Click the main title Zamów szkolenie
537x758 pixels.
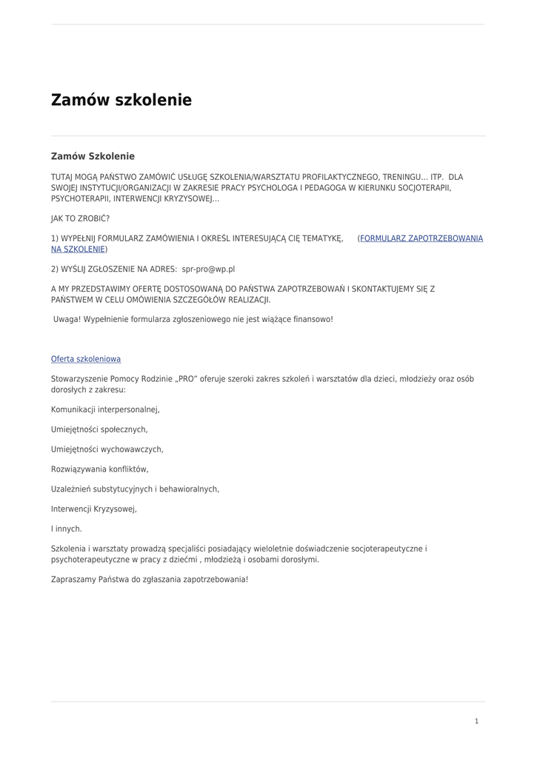point(121,100)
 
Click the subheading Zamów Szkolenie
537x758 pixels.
point(93,156)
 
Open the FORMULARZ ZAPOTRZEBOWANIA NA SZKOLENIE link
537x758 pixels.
point(421,238)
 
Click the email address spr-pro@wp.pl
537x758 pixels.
point(208,269)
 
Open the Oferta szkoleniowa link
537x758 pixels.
point(86,359)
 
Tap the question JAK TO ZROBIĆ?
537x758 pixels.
point(80,219)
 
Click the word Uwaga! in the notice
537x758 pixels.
point(67,319)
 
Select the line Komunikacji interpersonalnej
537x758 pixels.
point(105,409)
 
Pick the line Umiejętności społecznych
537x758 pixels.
point(99,429)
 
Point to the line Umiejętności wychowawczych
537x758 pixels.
point(107,449)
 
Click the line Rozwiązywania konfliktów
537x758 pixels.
point(99,469)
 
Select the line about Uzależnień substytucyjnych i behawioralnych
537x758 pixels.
point(135,489)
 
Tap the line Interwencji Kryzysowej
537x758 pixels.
point(94,509)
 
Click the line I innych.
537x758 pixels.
point(67,529)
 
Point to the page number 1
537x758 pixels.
point(476,721)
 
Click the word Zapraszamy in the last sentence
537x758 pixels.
point(73,580)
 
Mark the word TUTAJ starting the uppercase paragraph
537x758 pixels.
point(62,178)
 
